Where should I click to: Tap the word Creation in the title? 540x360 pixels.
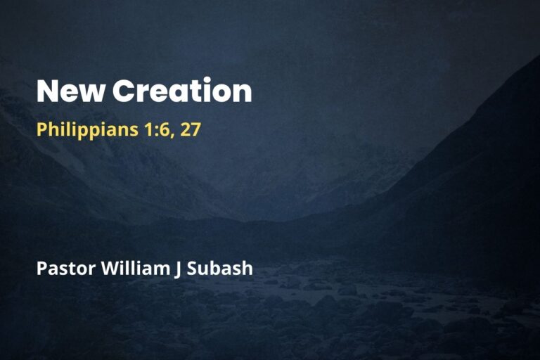[181, 92]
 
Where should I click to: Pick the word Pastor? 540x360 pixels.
[59, 269]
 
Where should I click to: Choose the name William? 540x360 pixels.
[127, 269]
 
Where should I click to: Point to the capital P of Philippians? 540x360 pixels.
[41, 130]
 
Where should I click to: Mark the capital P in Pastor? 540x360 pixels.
[41, 269]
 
